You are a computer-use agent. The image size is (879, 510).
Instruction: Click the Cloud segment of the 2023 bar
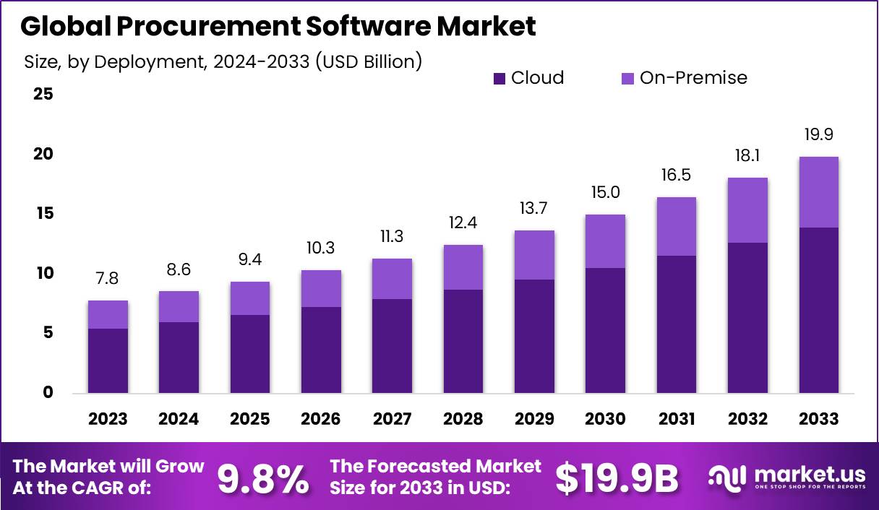coord(108,360)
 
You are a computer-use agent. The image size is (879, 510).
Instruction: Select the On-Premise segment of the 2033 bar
coord(818,192)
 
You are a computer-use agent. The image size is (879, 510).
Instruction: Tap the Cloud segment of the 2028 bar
coord(463,341)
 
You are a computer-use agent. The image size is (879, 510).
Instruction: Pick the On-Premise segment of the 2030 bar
coord(605,241)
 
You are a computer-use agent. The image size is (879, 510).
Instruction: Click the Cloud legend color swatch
coord(499,79)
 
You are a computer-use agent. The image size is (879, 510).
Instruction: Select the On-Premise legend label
coord(693,78)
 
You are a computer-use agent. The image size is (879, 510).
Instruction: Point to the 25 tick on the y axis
coord(43,95)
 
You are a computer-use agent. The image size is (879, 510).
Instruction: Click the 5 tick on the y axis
coord(48,333)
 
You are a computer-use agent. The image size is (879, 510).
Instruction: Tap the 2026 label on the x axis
coord(321,420)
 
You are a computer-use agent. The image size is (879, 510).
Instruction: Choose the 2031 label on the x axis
coord(676,420)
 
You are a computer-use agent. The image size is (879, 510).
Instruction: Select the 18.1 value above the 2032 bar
coord(747,156)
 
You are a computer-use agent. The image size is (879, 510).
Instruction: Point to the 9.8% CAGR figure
coord(263,478)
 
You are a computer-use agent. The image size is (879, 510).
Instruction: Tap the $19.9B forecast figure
coord(617,478)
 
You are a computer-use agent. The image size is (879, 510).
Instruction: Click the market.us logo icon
coord(727,477)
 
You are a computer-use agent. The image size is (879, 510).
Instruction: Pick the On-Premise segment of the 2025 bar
coord(250,298)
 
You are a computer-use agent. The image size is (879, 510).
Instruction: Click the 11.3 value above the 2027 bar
coord(393,237)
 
